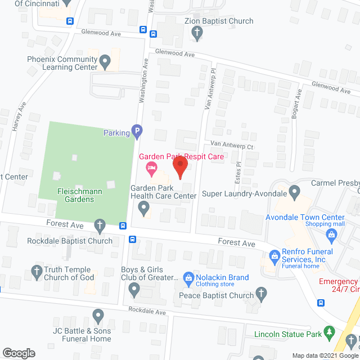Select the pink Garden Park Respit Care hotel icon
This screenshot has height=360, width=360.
click(x=150, y=167)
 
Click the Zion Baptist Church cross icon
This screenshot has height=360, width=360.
click(x=197, y=33)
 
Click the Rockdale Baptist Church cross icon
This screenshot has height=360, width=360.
click(x=100, y=226)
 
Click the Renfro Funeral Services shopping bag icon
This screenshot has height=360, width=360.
click(x=274, y=256)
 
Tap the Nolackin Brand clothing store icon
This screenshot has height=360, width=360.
click(x=188, y=277)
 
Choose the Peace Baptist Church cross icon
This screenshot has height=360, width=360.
click(x=261, y=292)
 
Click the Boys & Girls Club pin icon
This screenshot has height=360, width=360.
click(x=134, y=290)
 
